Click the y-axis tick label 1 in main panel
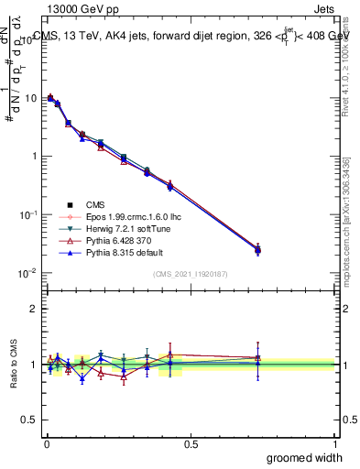pyautogui.click(x=32, y=157)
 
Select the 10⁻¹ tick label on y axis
pyautogui.click(x=27, y=214)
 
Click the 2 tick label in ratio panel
pyautogui.click(x=32, y=309)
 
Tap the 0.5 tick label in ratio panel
pyautogui.click(x=28, y=420)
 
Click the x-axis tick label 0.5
pyautogui.click(x=191, y=443)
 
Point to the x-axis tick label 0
pyautogui.click(x=46, y=443)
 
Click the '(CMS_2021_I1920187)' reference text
pyautogui.click(x=190, y=274)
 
